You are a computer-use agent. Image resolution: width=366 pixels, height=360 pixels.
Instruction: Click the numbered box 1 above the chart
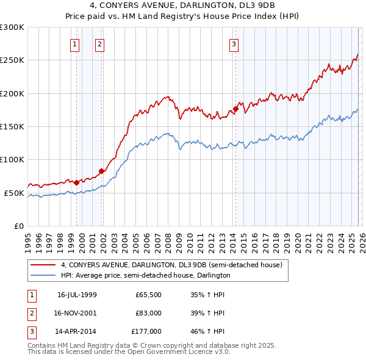coord(74,43)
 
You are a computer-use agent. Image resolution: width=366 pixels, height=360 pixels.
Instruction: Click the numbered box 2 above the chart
coord(99,43)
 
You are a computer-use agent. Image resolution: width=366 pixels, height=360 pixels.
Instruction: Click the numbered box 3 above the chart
coord(234,43)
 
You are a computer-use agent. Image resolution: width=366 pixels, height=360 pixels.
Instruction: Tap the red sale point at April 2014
coord(235,109)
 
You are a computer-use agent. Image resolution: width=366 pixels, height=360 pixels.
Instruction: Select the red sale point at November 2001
coord(102,171)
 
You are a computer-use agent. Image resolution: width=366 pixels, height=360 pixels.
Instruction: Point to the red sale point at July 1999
coord(76,182)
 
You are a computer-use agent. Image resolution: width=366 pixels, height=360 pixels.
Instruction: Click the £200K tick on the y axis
coord(12,93)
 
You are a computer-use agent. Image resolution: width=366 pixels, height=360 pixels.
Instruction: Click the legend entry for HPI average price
coord(145,275)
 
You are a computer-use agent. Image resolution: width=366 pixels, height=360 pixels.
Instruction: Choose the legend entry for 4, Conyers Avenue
coord(171,265)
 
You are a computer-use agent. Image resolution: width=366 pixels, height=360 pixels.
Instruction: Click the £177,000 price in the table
coord(146,331)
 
